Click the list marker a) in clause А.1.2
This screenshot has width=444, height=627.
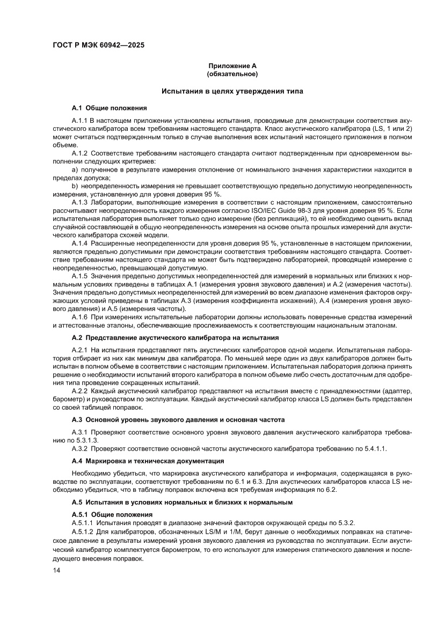[x=75, y=169]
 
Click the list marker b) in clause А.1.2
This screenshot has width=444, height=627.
[x=75, y=186]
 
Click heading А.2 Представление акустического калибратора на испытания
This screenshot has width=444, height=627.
[x=175, y=338]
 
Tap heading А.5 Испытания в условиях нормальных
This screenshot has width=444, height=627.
[x=182, y=502]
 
